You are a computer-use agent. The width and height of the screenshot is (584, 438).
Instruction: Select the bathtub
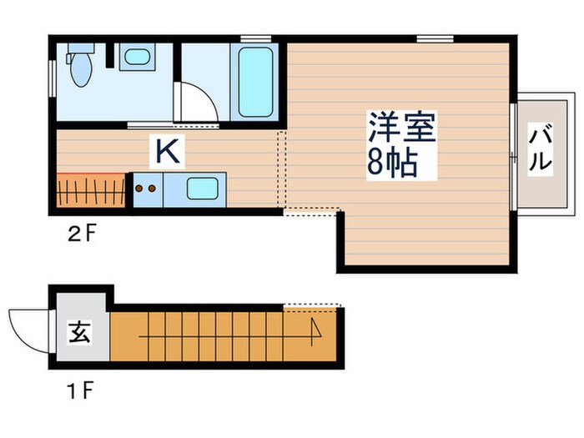[x=255, y=83]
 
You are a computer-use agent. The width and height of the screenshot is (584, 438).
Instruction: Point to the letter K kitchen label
[x=166, y=152]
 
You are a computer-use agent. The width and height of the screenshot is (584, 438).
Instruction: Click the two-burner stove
[x=145, y=189]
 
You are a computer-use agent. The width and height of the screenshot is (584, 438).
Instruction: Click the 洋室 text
[x=401, y=128]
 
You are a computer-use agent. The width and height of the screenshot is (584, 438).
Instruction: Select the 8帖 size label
[x=391, y=164]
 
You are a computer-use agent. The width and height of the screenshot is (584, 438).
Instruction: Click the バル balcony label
[x=541, y=149]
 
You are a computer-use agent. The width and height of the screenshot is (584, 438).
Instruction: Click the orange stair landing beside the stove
[x=92, y=189]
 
